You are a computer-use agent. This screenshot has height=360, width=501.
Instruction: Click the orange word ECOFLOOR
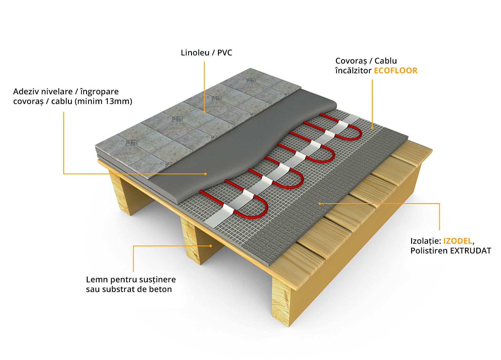point(395,70)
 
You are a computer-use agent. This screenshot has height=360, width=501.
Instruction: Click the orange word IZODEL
point(457,241)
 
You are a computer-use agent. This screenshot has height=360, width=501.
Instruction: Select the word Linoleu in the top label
point(195,53)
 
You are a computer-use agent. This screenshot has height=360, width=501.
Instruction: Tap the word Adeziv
point(26,91)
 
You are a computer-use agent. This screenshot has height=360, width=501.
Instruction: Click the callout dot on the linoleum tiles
point(204,111)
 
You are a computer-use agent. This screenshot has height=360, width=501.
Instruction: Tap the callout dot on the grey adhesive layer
point(205,173)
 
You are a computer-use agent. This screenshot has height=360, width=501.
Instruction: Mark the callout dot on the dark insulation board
point(319,203)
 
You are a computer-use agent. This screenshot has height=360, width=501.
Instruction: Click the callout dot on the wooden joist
point(211,246)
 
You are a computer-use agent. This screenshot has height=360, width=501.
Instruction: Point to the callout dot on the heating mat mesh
point(372,127)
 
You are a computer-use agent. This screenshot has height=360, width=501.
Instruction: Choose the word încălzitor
point(353,70)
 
